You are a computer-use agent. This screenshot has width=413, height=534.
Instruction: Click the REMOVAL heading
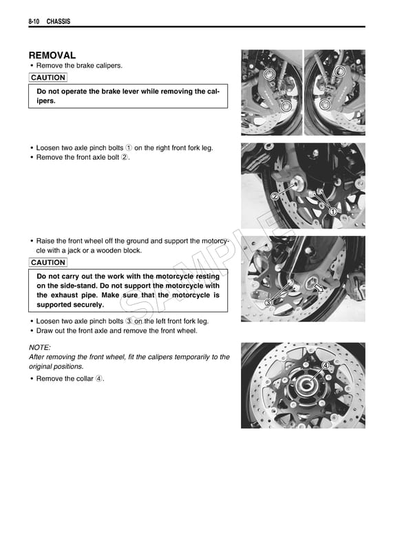[x=52, y=55]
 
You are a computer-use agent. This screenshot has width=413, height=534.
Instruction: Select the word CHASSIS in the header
[x=59, y=22]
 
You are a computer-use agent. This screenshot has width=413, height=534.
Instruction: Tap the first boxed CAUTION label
[x=48, y=78]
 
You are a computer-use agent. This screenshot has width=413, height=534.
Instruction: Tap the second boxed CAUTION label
[x=48, y=262]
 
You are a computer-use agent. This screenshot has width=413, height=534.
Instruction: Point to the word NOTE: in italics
[x=40, y=348]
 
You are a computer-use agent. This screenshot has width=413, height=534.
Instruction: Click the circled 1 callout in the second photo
[x=333, y=211]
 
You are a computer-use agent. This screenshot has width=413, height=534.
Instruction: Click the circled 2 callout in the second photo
[x=275, y=196]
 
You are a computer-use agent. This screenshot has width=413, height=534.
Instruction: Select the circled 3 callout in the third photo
[x=268, y=302]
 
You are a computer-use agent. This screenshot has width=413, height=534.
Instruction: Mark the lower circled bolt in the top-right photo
[x=325, y=103]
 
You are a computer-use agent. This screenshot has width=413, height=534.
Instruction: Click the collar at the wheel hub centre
[x=304, y=388]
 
